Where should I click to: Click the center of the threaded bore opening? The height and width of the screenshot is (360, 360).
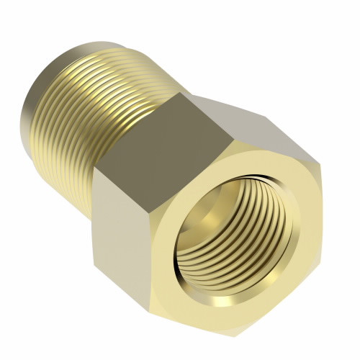pos(234,234)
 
